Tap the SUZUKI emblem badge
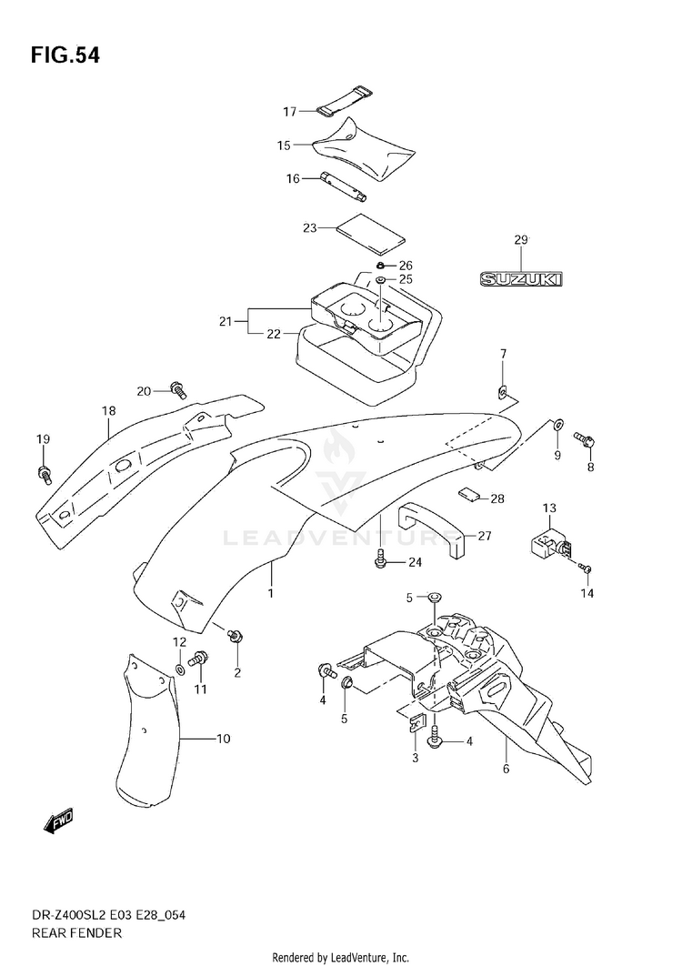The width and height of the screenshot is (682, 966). (x=521, y=279)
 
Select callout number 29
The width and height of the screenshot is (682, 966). (x=521, y=239)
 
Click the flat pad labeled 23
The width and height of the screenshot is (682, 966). (x=372, y=234)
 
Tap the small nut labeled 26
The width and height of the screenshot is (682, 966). (x=381, y=266)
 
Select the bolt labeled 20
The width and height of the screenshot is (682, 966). (x=178, y=388)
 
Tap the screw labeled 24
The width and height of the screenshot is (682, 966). (x=381, y=559)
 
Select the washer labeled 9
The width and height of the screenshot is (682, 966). (x=557, y=424)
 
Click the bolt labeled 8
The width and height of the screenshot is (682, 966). (x=584, y=440)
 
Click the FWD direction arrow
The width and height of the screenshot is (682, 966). (x=58, y=820)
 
